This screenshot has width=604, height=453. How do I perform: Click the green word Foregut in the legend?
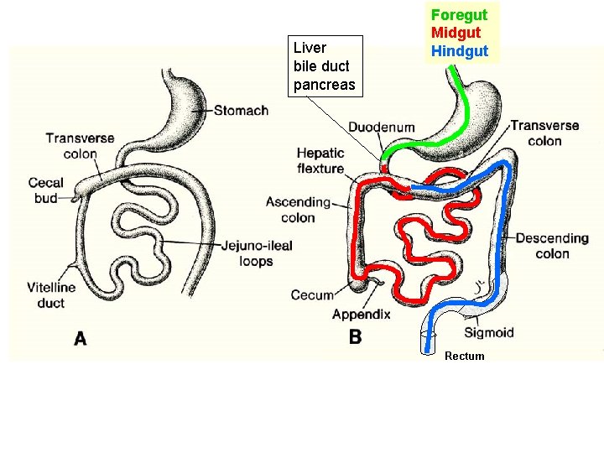459,15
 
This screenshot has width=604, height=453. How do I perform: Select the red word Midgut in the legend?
456,33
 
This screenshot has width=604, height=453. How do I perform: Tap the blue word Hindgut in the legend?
459,50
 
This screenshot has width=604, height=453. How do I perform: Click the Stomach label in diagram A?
241,110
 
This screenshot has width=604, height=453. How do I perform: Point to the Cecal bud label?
45,190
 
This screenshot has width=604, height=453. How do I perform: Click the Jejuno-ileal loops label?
257,253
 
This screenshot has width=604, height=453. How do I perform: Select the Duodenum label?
382,128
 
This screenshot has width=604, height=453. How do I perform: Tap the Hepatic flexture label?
320,160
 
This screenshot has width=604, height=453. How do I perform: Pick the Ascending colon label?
298,210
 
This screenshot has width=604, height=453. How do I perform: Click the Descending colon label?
553,246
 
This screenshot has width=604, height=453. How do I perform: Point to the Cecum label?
312,294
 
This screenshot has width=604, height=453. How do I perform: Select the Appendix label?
361,315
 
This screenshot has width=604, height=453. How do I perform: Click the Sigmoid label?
488,332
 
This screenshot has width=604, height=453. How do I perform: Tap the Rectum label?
464,356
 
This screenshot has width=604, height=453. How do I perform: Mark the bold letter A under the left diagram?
81,338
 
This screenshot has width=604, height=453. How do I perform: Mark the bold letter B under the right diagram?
356,337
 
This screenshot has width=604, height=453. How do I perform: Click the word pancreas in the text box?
324,85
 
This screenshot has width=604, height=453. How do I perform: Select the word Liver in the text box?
310,48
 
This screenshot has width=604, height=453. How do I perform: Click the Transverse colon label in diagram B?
544,133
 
